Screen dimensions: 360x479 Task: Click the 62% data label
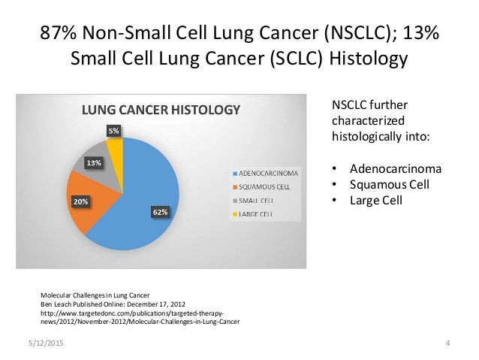click(x=160, y=213)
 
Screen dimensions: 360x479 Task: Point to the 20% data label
click(x=80, y=201)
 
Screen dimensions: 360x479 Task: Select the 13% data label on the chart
click(x=94, y=162)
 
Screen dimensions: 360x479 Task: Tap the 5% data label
click(x=113, y=131)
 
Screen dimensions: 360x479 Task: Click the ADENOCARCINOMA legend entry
click(x=267, y=173)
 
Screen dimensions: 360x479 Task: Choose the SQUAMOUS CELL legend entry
click(x=264, y=187)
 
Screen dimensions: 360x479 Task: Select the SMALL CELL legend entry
click(x=258, y=201)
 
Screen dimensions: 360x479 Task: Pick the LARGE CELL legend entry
click(x=258, y=215)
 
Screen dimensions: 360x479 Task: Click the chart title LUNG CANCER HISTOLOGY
click(x=161, y=110)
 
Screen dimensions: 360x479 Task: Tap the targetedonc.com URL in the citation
click(x=131, y=316)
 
